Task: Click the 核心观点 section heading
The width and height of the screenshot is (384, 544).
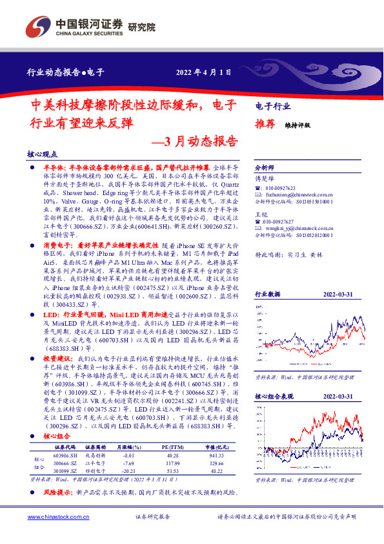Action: click(x=43, y=155)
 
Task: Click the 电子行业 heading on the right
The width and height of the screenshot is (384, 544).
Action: click(x=272, y=107)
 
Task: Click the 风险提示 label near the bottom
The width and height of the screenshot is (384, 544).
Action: click(x=56, y=492)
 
